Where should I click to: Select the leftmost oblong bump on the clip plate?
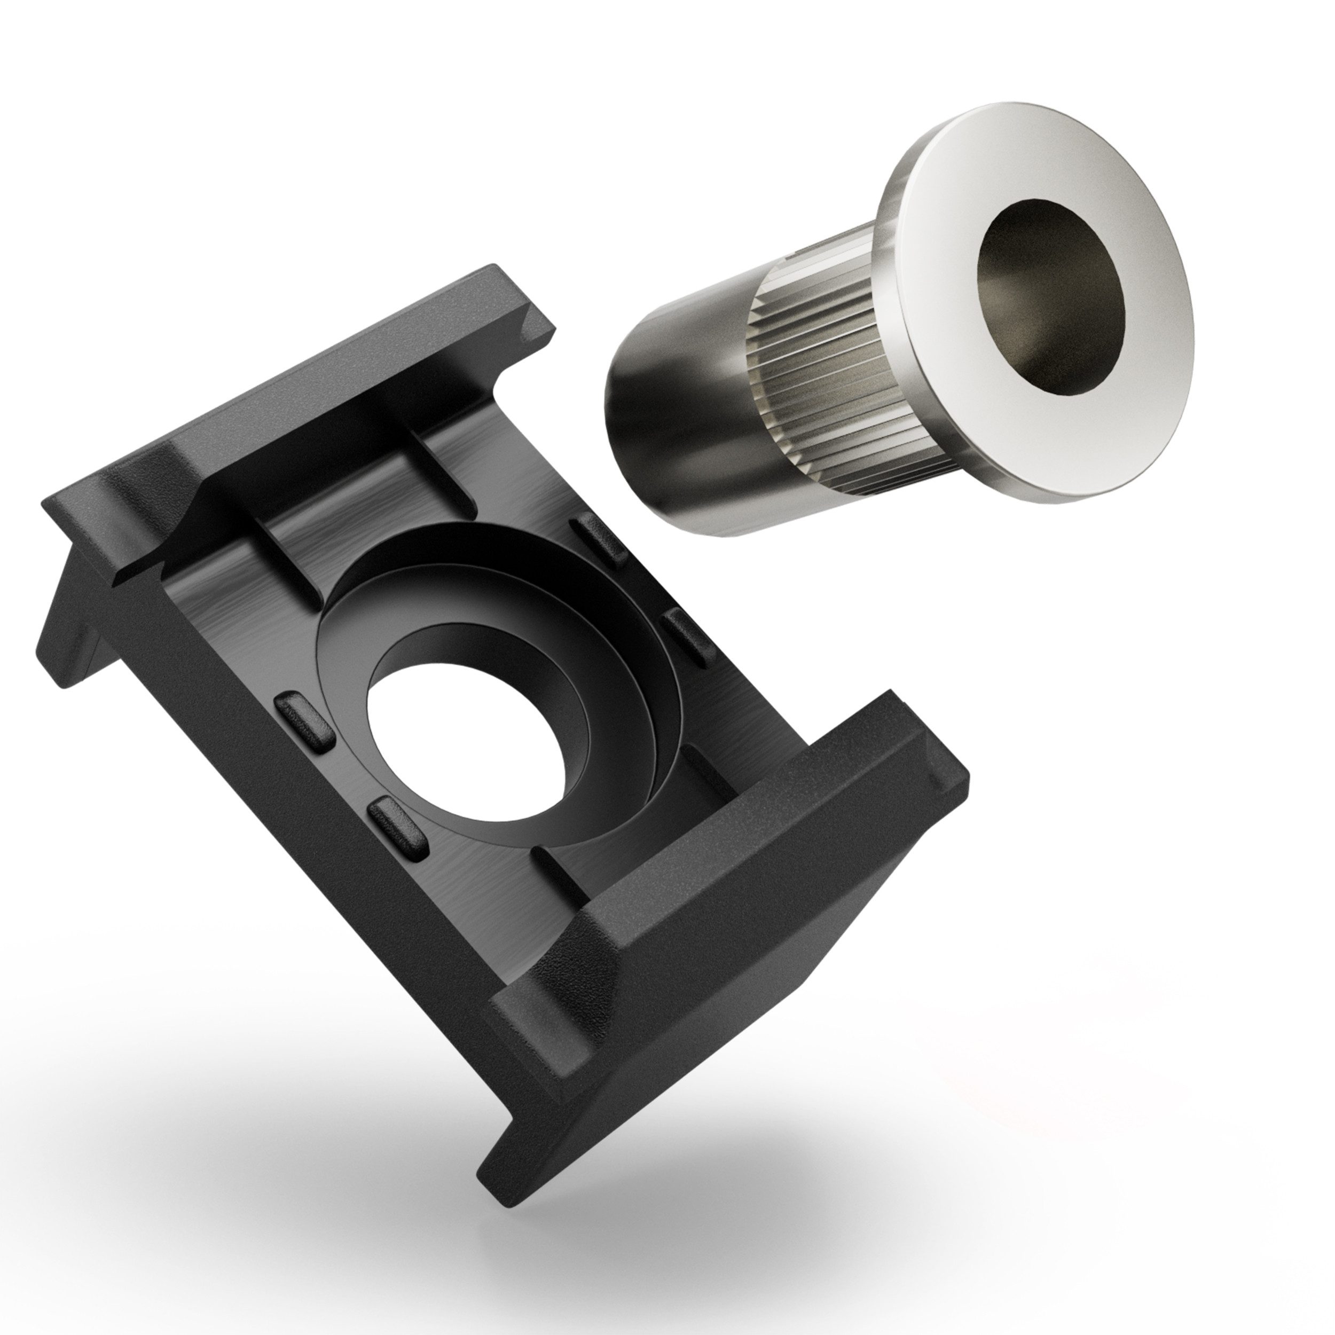click(x=304, y=722)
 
